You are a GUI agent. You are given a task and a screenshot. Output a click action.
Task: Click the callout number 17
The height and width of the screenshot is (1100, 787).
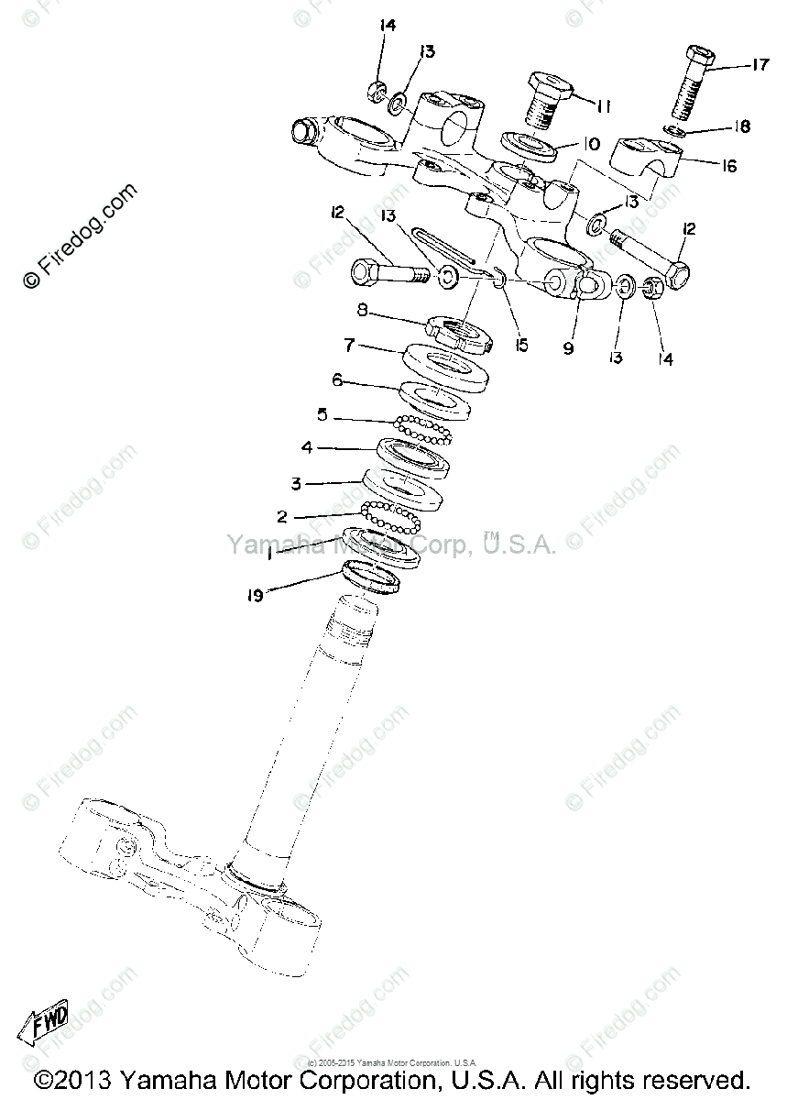tap(760, 65)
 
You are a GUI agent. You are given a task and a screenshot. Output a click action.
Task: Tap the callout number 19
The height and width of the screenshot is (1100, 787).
tap(255, 596)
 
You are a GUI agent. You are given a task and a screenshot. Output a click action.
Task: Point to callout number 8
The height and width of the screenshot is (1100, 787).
tap(362, 311)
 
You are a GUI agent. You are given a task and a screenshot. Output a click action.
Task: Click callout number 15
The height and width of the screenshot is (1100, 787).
tap(521, 345)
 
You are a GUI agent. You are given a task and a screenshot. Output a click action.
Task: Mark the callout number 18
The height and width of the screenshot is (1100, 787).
tap(742, 126)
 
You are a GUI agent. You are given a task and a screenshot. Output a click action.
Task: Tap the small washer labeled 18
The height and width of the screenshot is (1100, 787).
tap(674, 130)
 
